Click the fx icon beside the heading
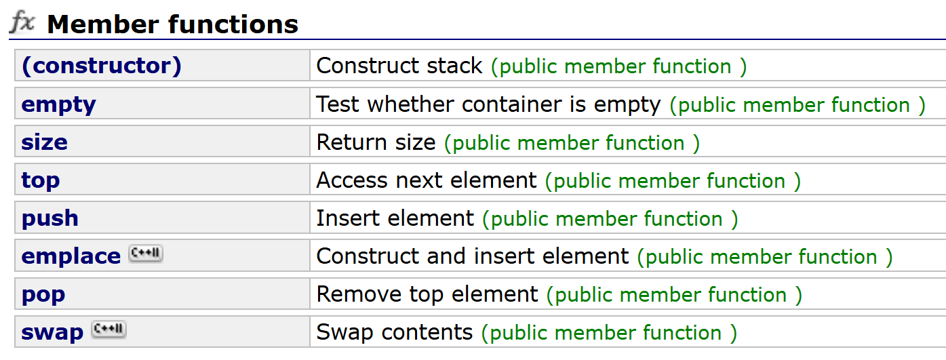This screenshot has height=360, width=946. click(x=22, y=23)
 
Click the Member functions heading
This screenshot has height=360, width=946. click(x=172, y=24)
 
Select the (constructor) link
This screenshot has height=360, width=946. click(x=102, y=66)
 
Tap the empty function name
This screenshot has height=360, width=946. click(x=59, y=104)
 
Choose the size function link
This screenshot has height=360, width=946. click(x=45, y=142)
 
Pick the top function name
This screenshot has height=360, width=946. click(x=41, y=180)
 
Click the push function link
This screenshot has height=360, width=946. click(x=50, y=218)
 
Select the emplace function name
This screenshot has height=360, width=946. click(x=71, y=256)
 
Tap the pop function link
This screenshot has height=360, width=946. click(x=43, y=294)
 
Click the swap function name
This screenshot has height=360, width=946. click(x=52, y=332)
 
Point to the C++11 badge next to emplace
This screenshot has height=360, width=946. click(x=146, y=254)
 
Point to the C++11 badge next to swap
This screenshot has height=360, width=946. click(x=109, y=330)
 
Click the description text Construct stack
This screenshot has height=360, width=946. click(x=399, y=66)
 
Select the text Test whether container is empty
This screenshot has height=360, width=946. click(x=488, y=104)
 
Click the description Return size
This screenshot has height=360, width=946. click(x=376, y=142)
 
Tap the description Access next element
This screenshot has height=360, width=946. click(x=427, y=180)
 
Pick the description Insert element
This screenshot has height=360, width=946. click(x=395, y=218)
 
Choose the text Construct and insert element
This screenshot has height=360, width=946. click(x=473, y=256)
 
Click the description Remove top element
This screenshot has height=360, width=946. click(x=427, y=294)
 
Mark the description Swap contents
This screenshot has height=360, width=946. click(x=394, y=332)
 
